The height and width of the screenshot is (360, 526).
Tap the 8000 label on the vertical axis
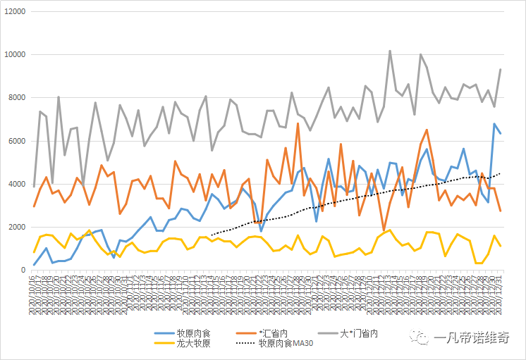(16, 98)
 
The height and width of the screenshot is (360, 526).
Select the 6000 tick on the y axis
(16, 141)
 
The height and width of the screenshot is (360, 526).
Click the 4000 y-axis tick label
(16, 184)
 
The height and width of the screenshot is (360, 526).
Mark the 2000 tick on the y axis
(16, 227)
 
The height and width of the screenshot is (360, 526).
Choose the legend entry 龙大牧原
(194, 344)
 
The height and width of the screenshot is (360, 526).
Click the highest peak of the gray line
(390, 51)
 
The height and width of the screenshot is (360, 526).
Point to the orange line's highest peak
(298, 124)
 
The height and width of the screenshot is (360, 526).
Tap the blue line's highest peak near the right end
(494, 124)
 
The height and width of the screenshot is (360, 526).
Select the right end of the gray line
(501, 69)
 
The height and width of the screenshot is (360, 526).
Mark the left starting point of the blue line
(34, 265)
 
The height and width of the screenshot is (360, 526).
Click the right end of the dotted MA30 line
(501, 173)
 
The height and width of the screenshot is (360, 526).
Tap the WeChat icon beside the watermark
(422, 338)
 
